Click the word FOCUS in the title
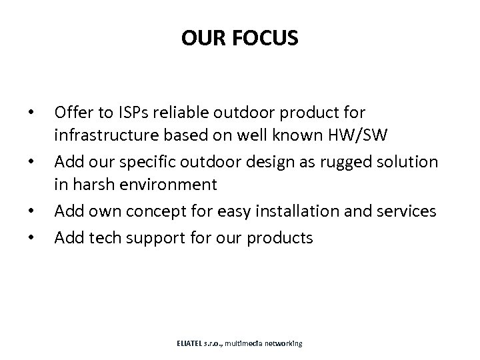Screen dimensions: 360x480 click(268, 39)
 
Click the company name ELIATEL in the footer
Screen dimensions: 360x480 click(191, 343)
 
